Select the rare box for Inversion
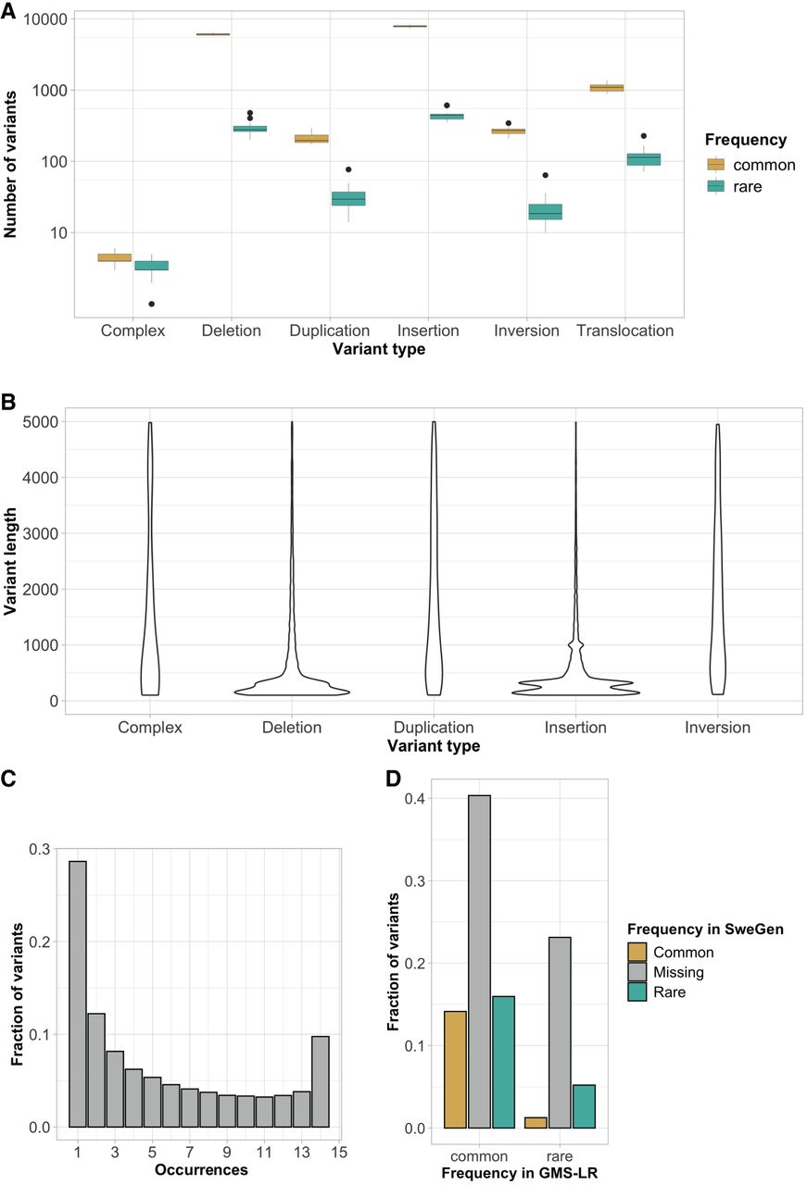click(x=545, y=212)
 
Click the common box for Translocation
click(x=606, y=88)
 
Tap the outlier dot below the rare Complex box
click(x=151, y=304)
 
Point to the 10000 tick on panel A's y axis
click(x=57, y=19)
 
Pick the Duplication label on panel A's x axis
click(x=329, y=331)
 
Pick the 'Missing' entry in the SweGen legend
click(x=678, y=972)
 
